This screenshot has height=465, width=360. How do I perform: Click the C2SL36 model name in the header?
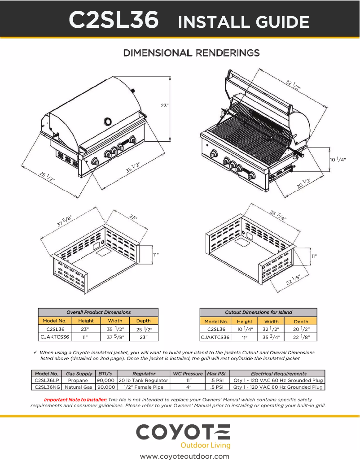[113, 21]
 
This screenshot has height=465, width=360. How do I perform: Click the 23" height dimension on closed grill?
[164, 106]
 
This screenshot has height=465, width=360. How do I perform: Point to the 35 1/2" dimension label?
[132, 168]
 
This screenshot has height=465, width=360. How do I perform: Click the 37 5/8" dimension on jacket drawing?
[64, 221]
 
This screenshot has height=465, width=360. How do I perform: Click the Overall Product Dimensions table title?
[98, 312]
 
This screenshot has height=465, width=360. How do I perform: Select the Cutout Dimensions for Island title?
[258, 312]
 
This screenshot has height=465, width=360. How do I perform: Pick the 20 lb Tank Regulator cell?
[143, 380]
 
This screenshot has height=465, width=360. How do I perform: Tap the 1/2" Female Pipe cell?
[143, 387]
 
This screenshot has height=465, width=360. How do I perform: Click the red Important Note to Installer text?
[75, 399]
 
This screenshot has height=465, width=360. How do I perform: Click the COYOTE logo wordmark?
[183, 432]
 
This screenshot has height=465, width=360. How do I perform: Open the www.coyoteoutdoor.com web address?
[184, 456]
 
